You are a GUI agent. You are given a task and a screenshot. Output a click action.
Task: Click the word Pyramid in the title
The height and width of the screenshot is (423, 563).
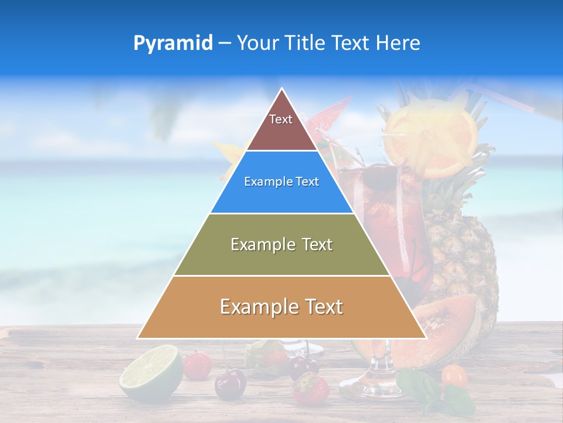tap(172, 43)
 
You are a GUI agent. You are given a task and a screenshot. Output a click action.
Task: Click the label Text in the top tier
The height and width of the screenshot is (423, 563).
tap(280, 119)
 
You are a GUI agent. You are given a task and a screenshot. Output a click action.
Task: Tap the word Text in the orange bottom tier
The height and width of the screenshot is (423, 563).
tap(320, 307)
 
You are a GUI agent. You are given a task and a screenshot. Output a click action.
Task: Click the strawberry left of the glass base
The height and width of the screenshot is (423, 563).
tap(310, 388)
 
